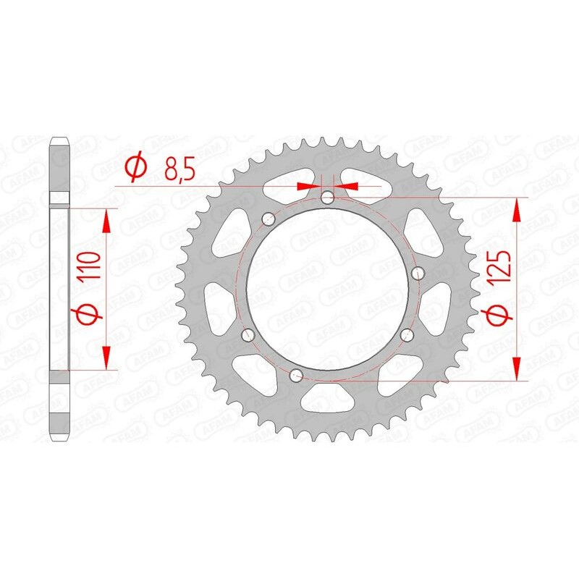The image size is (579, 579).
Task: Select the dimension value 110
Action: coord(88,267)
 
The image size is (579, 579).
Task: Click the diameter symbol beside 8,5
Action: coord(135,168)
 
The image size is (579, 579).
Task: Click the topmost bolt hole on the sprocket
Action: coord(328,197)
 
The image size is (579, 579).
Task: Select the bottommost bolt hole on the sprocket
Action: coord(296,376)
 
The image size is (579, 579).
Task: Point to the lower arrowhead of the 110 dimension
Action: coord(107,358)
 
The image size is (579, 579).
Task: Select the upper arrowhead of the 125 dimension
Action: coord(517,209)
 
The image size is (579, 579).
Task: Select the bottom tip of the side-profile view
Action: coord(59,439)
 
